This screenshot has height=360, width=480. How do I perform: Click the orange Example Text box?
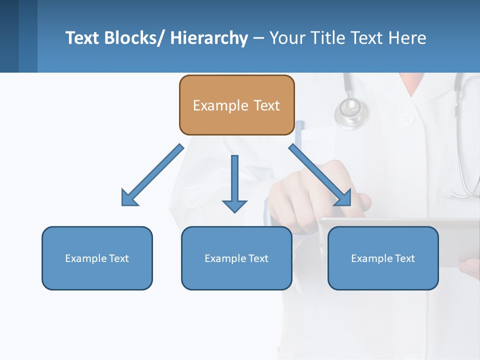pos(236,105)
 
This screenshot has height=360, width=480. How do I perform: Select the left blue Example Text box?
pos(97,258)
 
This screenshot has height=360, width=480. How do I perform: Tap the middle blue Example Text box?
pos(236,258)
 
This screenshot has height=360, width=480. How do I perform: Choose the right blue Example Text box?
pos(383,258)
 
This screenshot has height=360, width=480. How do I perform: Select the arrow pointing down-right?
pos(320,175)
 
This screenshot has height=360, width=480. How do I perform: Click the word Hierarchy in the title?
pos(209,38)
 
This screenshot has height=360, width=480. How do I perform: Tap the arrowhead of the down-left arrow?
pos(129,198)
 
